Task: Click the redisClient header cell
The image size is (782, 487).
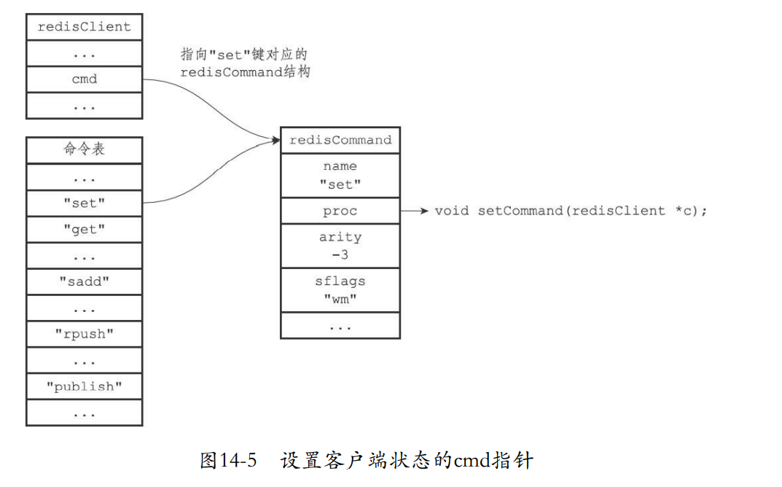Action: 85,27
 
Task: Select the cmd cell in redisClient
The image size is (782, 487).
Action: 85,79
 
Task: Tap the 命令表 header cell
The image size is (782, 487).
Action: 85,149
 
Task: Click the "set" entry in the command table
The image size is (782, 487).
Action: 85,203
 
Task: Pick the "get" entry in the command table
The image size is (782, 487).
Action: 85,230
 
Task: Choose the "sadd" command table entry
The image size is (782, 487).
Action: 85,282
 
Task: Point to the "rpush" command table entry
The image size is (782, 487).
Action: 85,335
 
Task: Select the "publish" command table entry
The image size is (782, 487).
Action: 85,386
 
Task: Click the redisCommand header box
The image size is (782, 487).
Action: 340,140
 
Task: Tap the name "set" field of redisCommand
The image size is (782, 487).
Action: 340,176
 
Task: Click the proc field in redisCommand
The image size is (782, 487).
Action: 340,211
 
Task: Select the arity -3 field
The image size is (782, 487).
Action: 340,246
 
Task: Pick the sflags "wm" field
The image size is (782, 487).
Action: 340,289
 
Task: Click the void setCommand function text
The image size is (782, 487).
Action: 571,211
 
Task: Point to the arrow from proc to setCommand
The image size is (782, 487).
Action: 414,211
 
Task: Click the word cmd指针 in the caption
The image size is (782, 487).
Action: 494,461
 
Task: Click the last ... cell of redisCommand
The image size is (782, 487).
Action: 340,326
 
